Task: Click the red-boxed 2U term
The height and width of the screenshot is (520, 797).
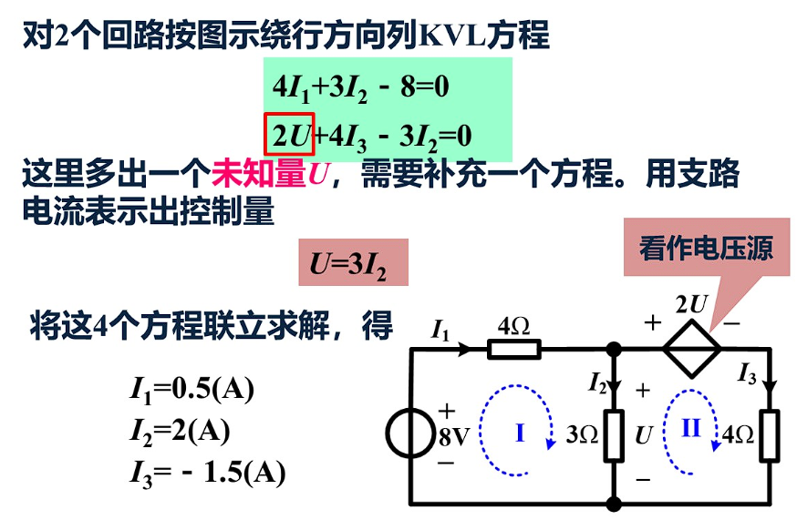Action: [x=289, y=135]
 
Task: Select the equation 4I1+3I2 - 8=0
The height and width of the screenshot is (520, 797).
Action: [x=362, y=87]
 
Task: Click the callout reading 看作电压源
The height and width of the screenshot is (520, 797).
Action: [x=706, y=248]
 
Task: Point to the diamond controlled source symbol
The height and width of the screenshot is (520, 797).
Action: [x=691, y=349]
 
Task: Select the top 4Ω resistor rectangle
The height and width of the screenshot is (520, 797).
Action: [x=514, y=349]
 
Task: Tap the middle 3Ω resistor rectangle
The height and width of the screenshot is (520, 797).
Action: [x=614, y=435]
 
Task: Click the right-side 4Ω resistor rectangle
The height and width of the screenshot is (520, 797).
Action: [x=771, y=435]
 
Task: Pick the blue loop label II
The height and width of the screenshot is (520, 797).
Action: [x=691, y=427]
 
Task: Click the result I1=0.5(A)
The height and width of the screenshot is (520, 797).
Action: [x=191, y=389]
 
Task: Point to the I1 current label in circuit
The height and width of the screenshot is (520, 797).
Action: [x=440, y=331]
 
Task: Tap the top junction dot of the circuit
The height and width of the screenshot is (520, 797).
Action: [x=614, y=349]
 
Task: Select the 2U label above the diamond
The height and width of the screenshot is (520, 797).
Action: [x=689, y=303]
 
